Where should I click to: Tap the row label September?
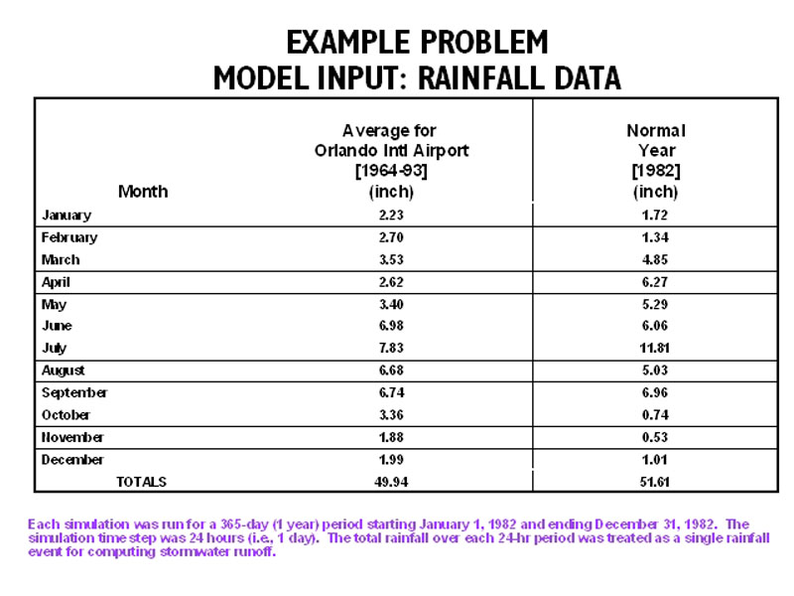pos(74,393)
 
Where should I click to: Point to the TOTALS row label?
pos(142,482)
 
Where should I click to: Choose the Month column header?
pos(143,192)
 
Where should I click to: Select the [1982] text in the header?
pos(656,171)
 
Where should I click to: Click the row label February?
pos(69,238)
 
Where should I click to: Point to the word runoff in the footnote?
pos(253,552)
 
